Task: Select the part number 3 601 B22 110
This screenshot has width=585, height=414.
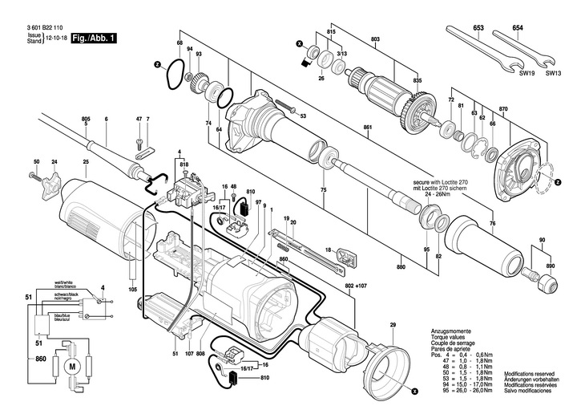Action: pos(47,28)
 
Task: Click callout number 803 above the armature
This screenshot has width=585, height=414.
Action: pos(375,39)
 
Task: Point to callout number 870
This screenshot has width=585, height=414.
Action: pos(504,108)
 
